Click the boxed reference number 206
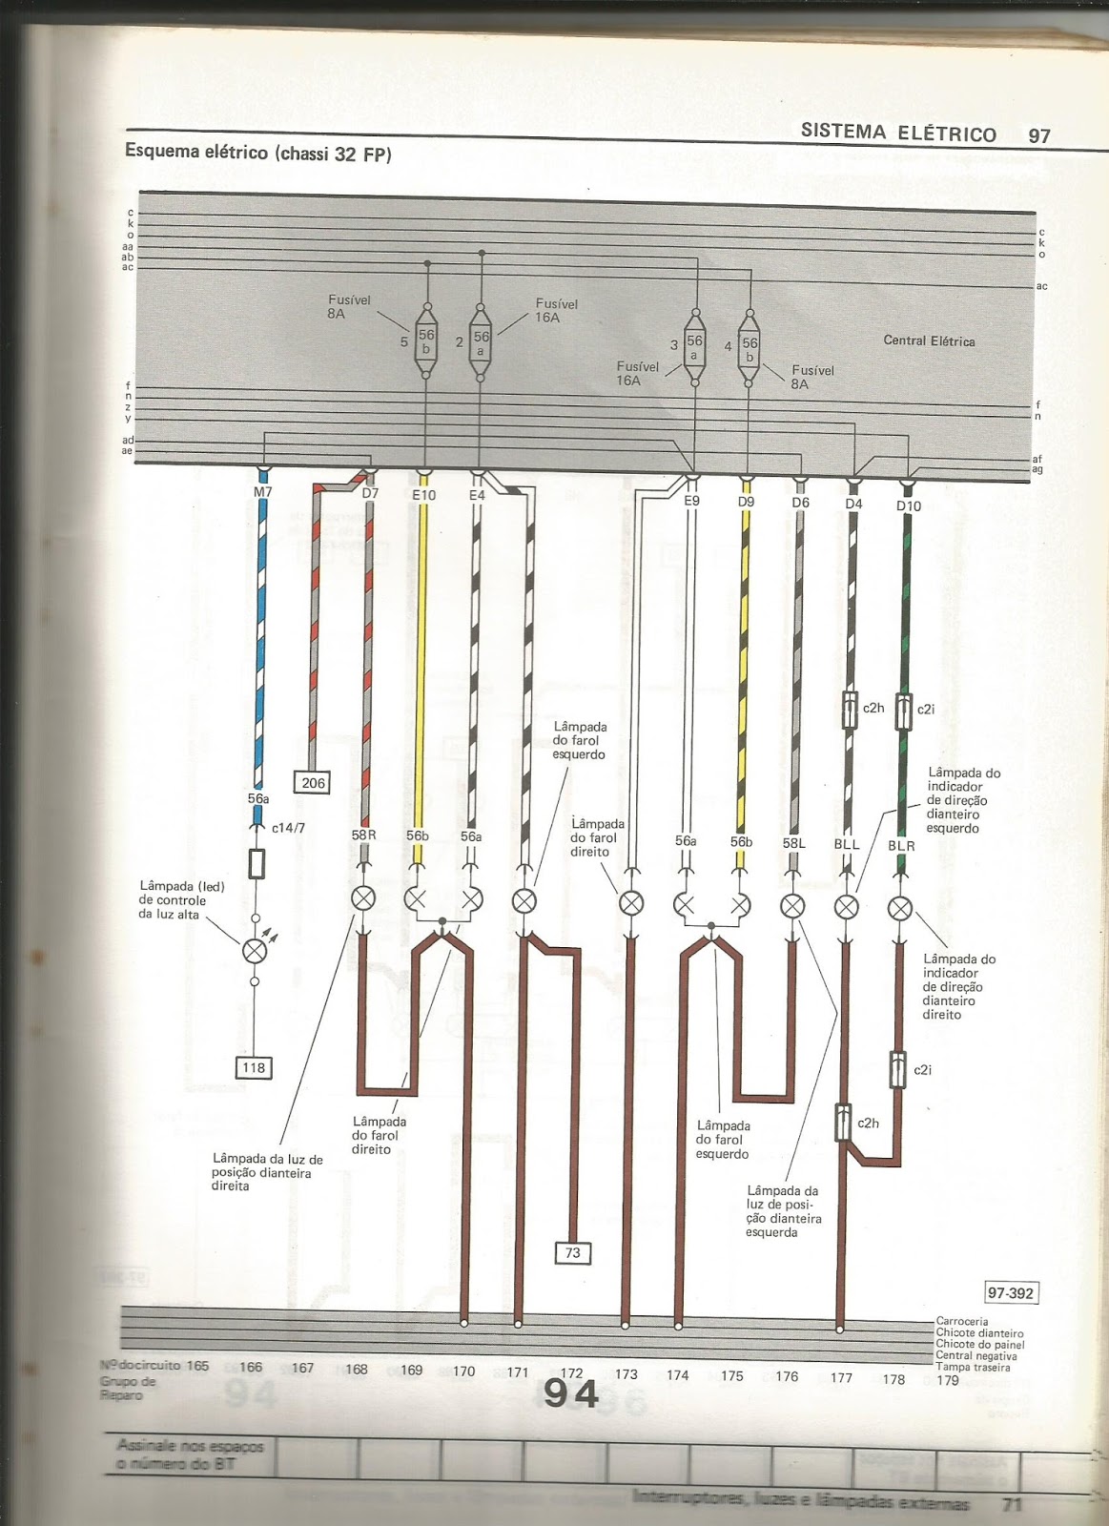(x=313, y=783)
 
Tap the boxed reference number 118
(x=254, y=1067)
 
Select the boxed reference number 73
(x=572, y=1252)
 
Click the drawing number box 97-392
(x=1011, y=1293)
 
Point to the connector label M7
(x=262, y=492)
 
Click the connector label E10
(x=423, y=495)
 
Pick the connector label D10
(x=908, y=505)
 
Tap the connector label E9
(x=691, y=500)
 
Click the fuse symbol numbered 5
(x=426, y=341)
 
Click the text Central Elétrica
(x=929, y=340)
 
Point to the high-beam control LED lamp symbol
(x=255, y=950)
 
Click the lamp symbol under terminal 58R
(x=364, y=898)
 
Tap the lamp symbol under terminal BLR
(x=900, y=908)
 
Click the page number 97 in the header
(x=1038, y=135)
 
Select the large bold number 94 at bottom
(x=570, y=1394)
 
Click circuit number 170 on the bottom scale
(x=463, y=1371)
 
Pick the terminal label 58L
(x=793, y=843)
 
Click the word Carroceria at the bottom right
(x=962, y=1321)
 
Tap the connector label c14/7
(x=288, y=828)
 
